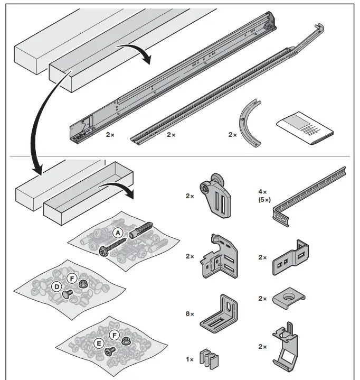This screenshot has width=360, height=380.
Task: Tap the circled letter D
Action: (x=55, y=287)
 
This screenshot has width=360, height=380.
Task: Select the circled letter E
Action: (x=98, y=342)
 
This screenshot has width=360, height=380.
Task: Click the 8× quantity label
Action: (x=190, y=314)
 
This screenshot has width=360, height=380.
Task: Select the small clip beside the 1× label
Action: (x=210, y=359)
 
